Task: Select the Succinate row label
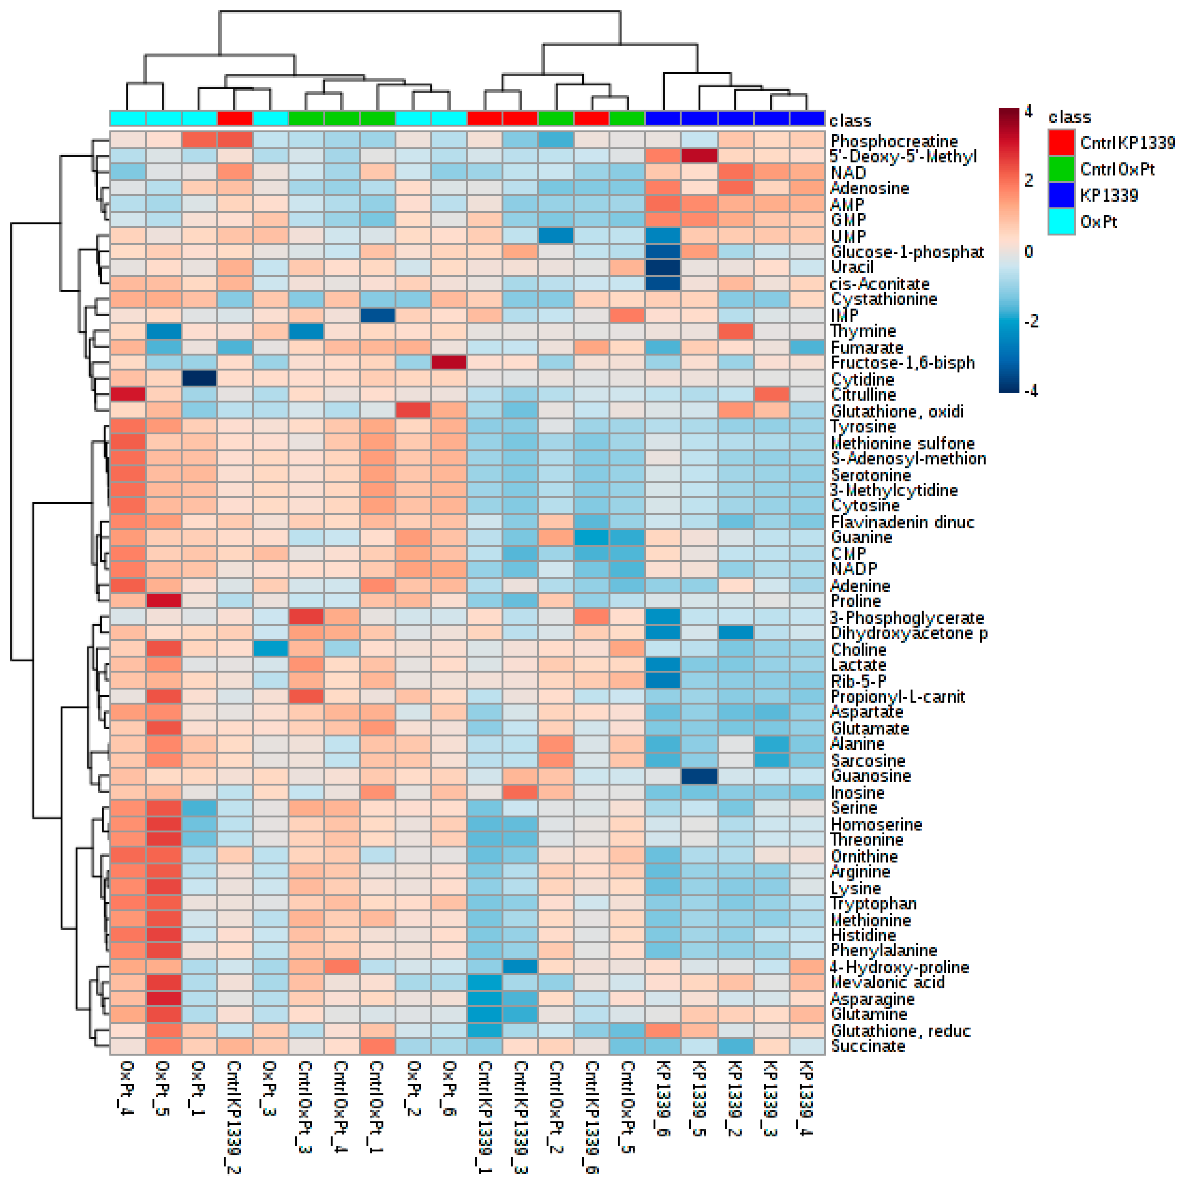point(867,1046)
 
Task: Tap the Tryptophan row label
point(873,903)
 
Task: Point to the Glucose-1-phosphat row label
point(907,252)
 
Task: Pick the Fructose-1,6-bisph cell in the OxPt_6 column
point(449,362)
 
